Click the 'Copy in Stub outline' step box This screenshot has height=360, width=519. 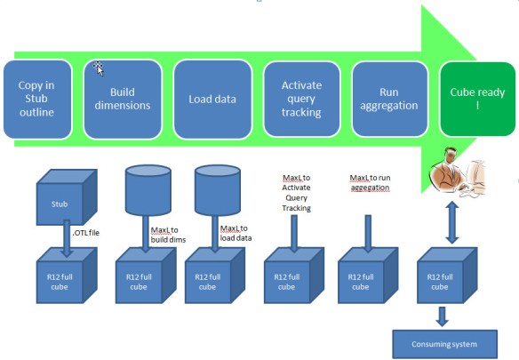click(x=36, y=98)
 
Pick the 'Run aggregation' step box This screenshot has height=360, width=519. click(x=388, y=98)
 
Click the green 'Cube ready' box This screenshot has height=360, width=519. click(x=476, y=98)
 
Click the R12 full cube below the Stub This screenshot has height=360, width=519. click(x=57, y=280)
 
